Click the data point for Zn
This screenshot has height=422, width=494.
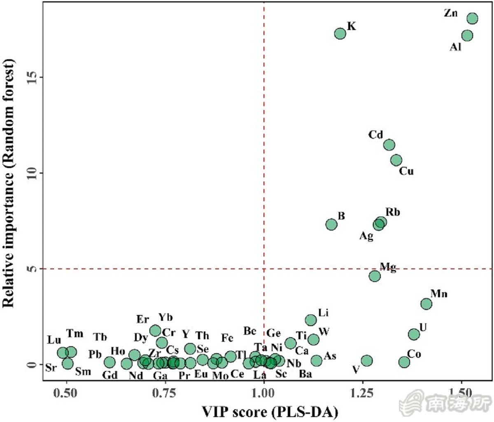pyautogui.click(x=472, y=18)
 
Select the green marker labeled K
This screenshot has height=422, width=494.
pyautogui.click(x=340, y=34)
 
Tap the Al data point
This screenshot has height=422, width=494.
pyautogui.click(x=467, y=36)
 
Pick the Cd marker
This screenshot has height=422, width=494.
pyautogui.click(x=389, y=145)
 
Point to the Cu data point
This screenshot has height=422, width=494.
pyautogui.click(x=396, y=160)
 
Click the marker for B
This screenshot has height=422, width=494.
pyautogui.click(x=331, y=224)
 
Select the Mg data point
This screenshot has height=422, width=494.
pyautogui.click(x=375, y=276)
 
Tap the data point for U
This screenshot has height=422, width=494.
pyautogui.click(x=414, y=334)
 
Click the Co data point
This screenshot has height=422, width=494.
pyautogui.click(x=404, y=362)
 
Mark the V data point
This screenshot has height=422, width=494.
pyautogui.click(x=367, y=361)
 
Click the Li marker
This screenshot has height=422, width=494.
pyautogui.click(x=311, y=320)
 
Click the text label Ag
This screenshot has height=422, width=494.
pyautogui.click(x=366, y=236)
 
